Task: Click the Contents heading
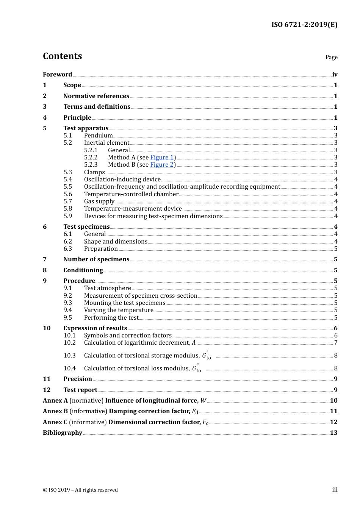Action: [62, 56]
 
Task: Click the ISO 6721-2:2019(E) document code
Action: [304, 25]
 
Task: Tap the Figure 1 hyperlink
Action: [162, 157]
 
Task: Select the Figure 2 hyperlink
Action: [162, 165]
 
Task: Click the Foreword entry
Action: [57, 75]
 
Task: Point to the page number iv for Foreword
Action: [335, 75]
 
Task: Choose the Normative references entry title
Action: [96, 96]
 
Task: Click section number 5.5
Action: [67, 187]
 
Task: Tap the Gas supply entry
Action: [99, 201]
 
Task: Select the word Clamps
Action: [94, 172]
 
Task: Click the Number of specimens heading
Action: [96, 259]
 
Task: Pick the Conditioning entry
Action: [83, 270]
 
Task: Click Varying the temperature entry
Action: [119, 310]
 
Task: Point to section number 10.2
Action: [69, 343]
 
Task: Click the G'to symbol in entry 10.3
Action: [206, 356]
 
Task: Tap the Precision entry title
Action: [78, 379]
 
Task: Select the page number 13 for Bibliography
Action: [333, 433]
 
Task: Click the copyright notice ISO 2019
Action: [80, 490]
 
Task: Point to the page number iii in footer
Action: [335, 490]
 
